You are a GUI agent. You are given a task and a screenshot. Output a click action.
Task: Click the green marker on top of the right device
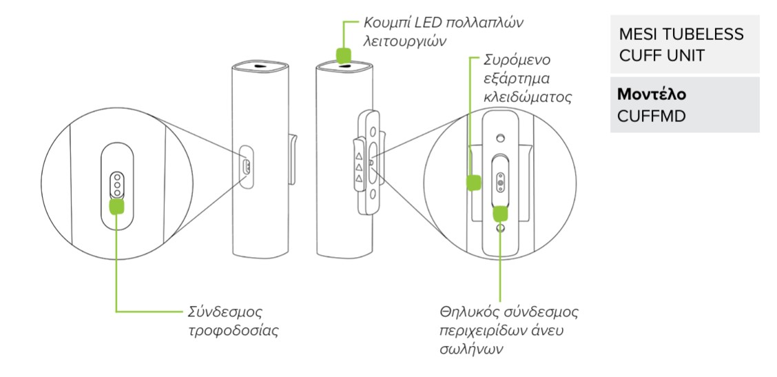342,54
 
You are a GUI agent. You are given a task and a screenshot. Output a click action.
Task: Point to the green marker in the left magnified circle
118,206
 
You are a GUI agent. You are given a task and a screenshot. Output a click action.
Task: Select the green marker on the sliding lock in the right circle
473,183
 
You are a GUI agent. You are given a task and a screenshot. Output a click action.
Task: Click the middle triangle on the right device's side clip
358,165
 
